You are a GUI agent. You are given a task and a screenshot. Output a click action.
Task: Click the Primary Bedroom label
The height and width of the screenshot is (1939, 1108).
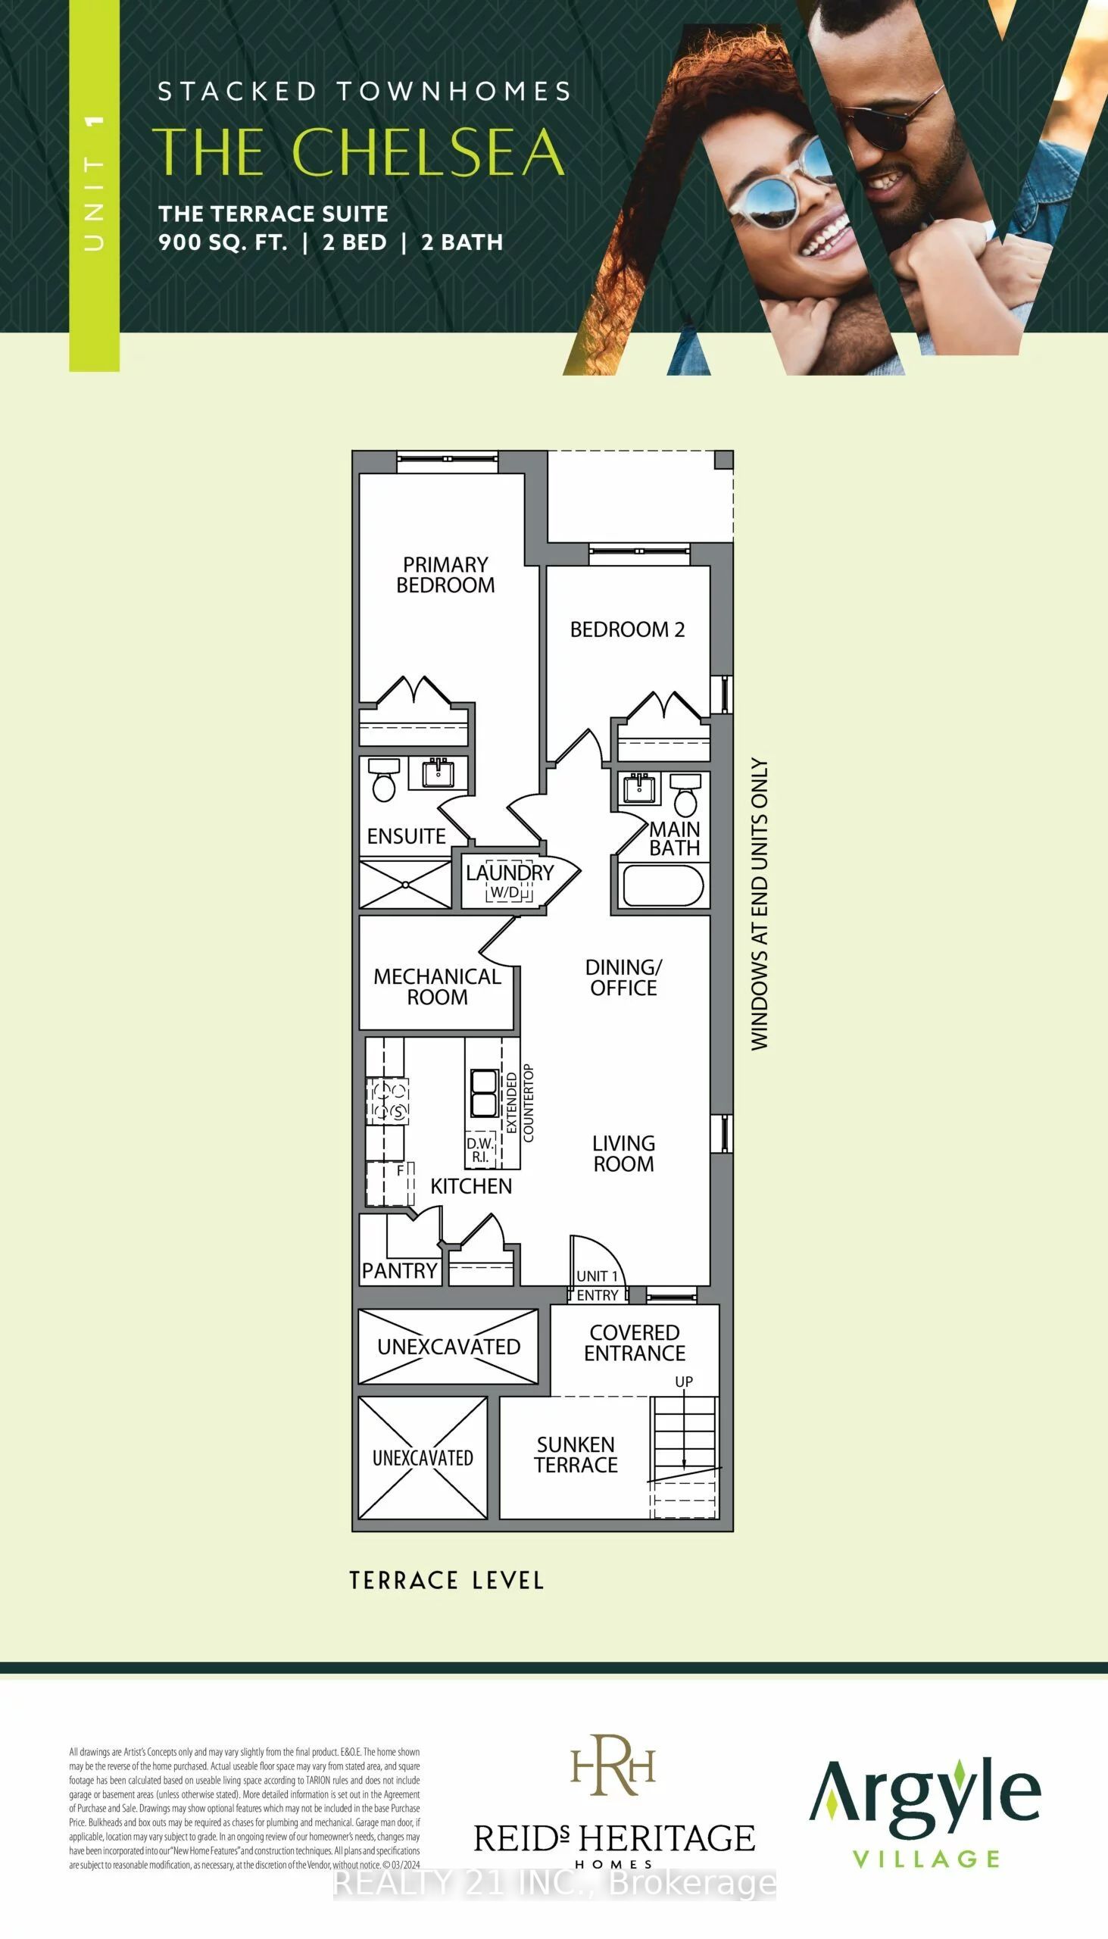445,575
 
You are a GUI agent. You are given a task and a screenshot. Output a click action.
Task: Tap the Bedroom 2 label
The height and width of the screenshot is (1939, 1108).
627,629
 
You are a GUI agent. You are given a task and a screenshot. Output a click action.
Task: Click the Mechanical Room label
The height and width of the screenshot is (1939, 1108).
437,986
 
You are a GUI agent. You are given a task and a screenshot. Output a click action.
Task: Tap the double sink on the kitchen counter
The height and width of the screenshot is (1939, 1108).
484,1093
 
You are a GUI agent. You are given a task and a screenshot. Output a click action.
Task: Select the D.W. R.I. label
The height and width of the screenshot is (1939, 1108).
480,1150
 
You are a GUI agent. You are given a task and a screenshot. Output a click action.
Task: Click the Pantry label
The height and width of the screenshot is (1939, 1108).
400,1270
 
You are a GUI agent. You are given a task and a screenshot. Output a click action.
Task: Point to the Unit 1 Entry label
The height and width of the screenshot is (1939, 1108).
598,1285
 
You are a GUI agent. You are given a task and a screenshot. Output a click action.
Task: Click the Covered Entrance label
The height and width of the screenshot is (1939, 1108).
635,1342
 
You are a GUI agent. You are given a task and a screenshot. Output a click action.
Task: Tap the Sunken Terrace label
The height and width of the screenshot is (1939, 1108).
576,1454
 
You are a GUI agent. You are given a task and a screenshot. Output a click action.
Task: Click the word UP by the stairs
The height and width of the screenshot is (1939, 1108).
684,1382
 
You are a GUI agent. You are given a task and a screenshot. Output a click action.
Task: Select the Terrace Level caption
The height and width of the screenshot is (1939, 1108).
447,1581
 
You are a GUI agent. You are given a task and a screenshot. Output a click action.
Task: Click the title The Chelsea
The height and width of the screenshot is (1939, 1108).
358,151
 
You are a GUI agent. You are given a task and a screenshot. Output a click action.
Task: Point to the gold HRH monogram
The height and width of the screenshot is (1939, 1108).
613,1764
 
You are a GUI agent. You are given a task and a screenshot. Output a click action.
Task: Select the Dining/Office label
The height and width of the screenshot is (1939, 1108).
623,977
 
